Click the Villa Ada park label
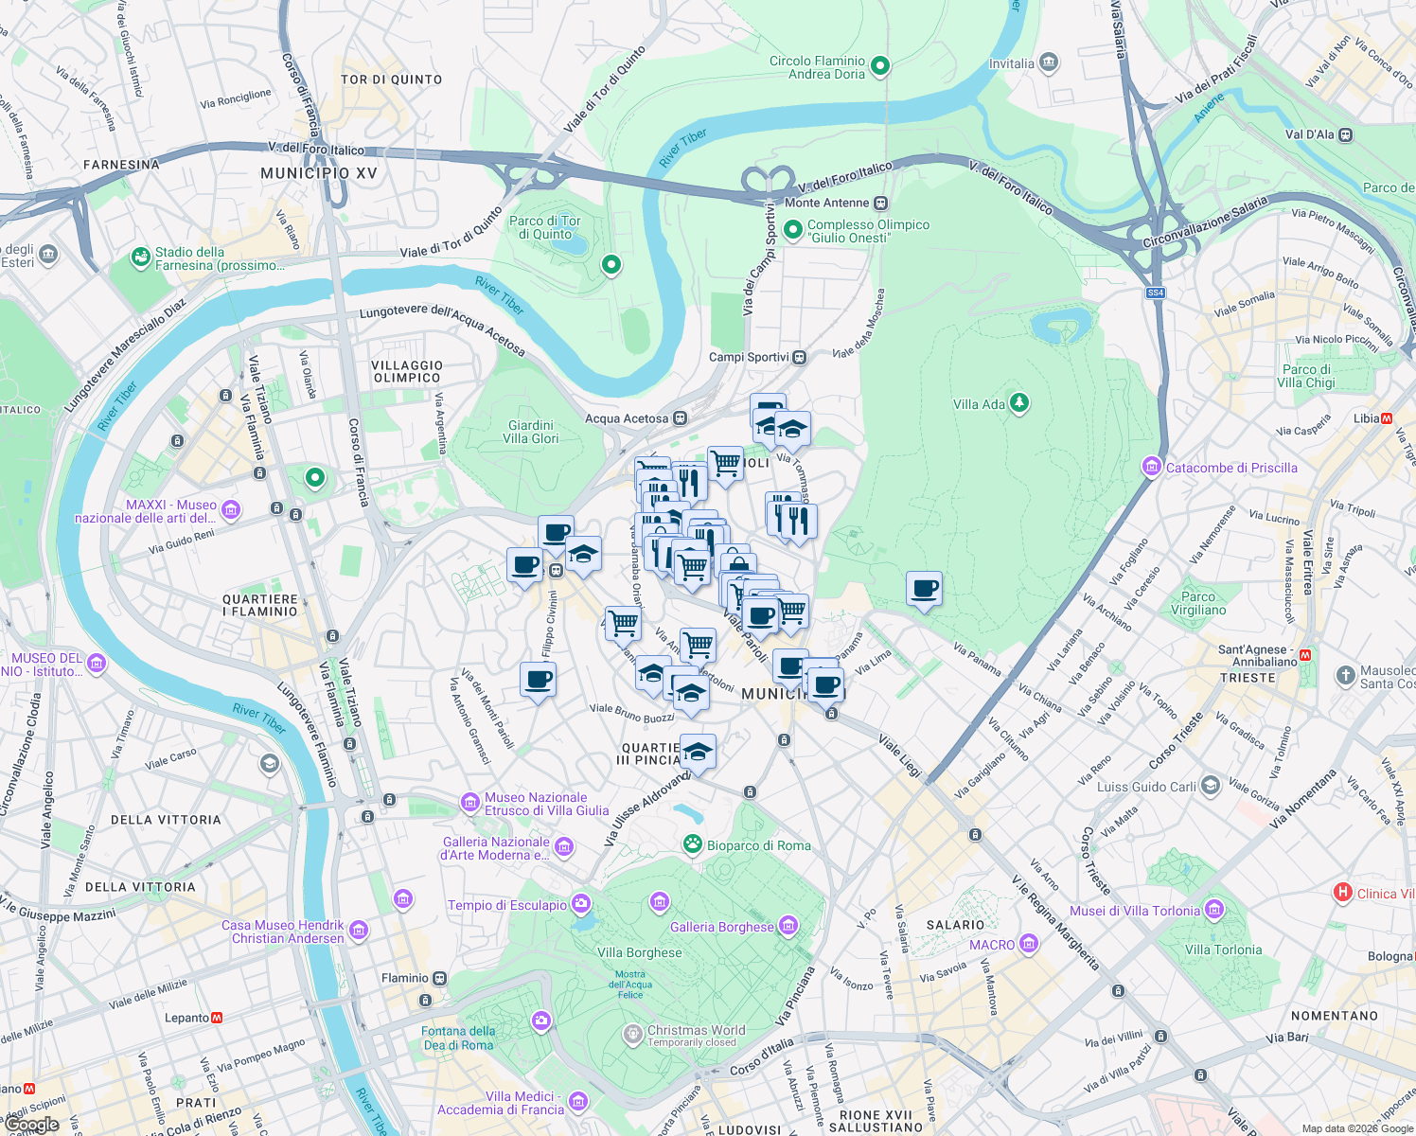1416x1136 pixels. [979, 404]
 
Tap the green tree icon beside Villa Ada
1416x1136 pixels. [1018, 403]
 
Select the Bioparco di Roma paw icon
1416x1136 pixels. [693, 844]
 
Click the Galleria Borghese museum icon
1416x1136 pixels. [788, 927]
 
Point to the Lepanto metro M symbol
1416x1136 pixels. [217, 1018]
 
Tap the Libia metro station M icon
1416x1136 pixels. [1387, 417]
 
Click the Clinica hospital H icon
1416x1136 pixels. [1342, 893]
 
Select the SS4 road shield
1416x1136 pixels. [1155, 293]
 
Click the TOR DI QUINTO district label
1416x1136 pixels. [391, 80]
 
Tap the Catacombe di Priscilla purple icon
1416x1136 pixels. [1152, 467]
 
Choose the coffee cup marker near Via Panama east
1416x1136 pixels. [924, 590]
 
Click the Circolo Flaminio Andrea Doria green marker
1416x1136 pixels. [880, 65]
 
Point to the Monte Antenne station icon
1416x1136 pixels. [881, 203]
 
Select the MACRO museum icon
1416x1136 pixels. [1029, 944]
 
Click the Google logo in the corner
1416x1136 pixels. [31, 1124]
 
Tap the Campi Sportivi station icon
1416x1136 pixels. [800, 357]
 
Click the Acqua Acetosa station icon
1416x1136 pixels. [680, 418]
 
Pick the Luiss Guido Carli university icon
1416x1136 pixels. [1210, 787]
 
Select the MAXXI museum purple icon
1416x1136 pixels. [231, 511]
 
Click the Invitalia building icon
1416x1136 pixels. [1048, 63]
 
